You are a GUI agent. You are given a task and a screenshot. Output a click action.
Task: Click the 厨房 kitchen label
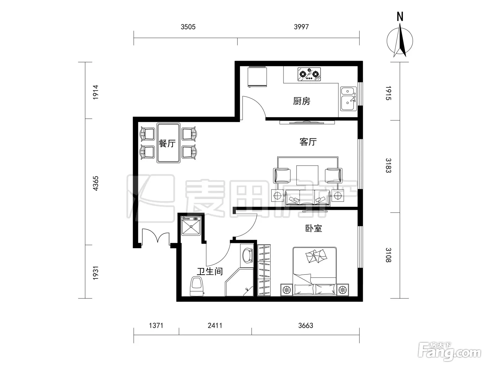pos(302,101)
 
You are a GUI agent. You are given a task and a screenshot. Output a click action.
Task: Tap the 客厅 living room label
pos(308,142)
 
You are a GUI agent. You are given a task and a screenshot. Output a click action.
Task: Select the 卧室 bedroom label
pos(313,228)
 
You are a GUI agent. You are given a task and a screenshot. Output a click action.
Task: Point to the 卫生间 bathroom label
pos(210,271)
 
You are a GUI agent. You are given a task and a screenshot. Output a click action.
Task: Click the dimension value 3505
pos(188,27)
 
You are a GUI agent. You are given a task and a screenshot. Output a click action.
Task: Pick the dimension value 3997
pos(301,27)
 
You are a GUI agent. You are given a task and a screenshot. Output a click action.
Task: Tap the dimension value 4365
pos(95,183)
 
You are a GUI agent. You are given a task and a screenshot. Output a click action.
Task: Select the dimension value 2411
pos(215,326)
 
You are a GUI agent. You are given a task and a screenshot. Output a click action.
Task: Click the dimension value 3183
pos(388,166)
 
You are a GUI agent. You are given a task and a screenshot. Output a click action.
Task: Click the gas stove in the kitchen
pos(309,74)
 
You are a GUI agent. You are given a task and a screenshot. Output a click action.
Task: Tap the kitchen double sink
pos(349,99)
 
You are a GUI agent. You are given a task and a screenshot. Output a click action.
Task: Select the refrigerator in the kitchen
pos(257,77)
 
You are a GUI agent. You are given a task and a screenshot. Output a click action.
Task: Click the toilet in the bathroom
pos(197,286)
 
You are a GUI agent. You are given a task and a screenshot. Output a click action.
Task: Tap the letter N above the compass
pos(400,17)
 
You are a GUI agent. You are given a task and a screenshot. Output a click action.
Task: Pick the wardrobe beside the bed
pos(264,270)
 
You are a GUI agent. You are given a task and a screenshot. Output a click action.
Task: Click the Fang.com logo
pos(449,352)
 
